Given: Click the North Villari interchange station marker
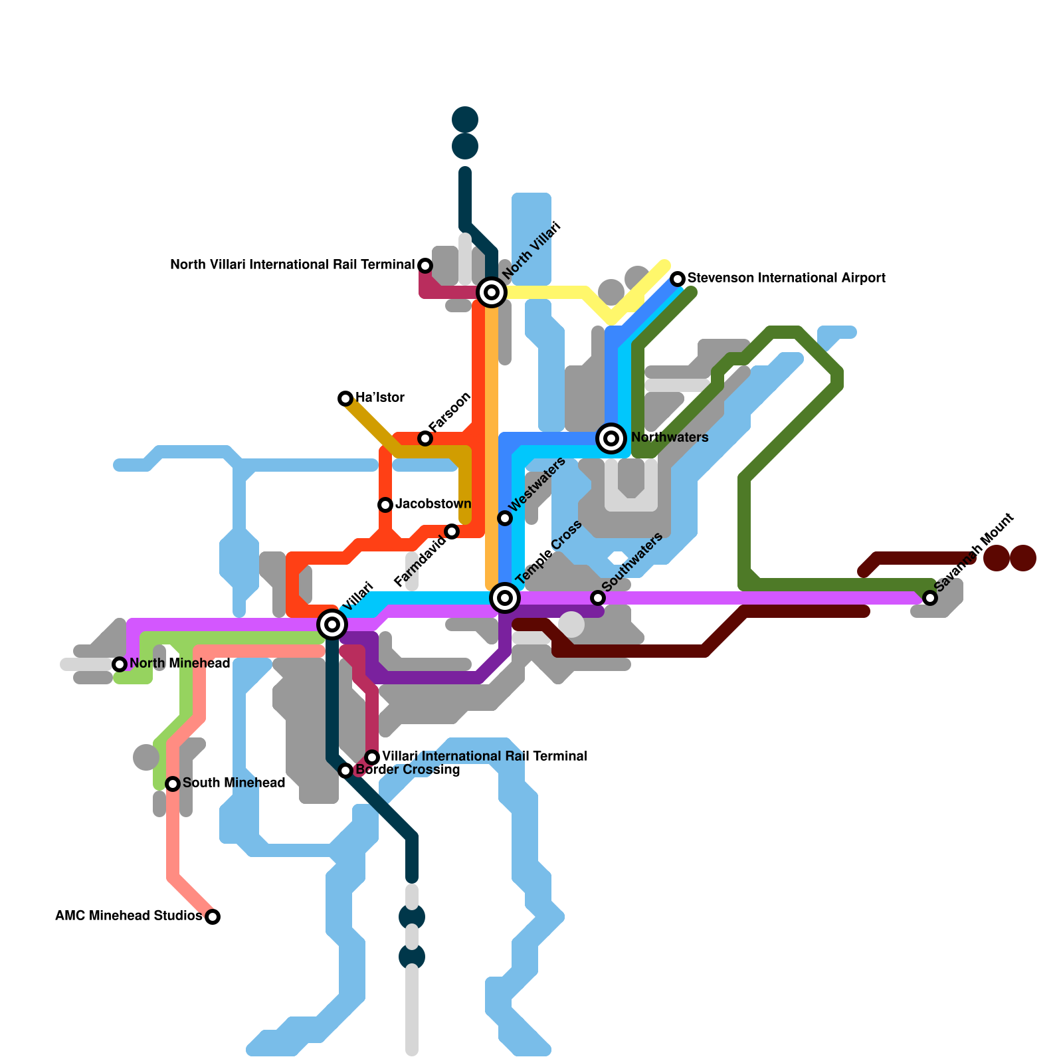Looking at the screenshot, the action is click(x=492, y=292).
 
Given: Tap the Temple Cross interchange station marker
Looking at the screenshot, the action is click(x=505, y=598).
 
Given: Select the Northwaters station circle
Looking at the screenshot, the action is click(x=611, y=438).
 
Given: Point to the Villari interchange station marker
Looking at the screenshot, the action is click(x=332, y=625).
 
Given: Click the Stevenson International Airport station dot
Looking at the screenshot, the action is click(x=678, y=279).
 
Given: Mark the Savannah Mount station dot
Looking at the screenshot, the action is click(x=930, y=598).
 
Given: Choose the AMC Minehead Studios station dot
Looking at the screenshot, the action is click(x=213, y=917).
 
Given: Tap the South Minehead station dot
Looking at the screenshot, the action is click(x=173, y=784).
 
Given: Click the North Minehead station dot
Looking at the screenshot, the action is click(x=120, y=664).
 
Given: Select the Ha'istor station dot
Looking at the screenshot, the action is click(x=345, y=399).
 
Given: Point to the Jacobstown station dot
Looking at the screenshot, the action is click(x=385, y=505).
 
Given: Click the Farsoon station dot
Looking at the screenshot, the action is click(x=425, y=438).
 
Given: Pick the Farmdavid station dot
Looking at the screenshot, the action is click(x=452, y=531).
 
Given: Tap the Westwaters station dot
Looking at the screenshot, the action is click(x=505, y=518).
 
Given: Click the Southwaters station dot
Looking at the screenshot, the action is click(x=598, y=598).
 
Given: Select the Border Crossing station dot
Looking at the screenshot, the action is click(x=345, y=771).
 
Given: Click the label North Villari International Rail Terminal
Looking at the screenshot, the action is click(x=292, y=265).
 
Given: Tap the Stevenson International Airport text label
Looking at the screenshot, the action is click(x=787, y=278).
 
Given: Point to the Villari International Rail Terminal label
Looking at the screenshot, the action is click(x=485, y=757).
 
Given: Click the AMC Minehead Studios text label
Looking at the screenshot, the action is click(x=129, y=916).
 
